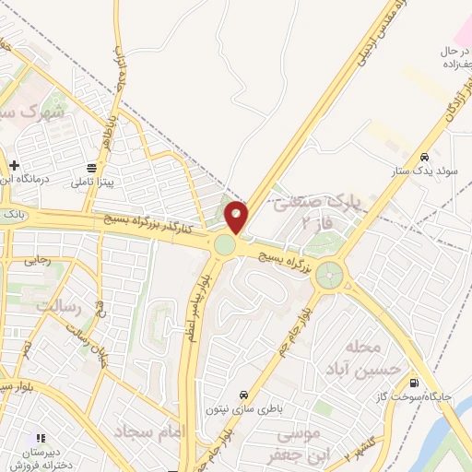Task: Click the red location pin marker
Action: pyautogui.click(x=237, y=218)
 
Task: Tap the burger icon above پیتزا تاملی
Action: pyautogui.click(x=92, y=168)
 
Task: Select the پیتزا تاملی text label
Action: pyautogui.click(x=92, y=183)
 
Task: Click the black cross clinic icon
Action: pyautogui.click(x=14, y=165)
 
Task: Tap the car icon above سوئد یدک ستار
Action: pyautogui.click(x=423, y=157)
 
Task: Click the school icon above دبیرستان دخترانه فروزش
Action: pyautogui.click(x=40, y=437)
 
